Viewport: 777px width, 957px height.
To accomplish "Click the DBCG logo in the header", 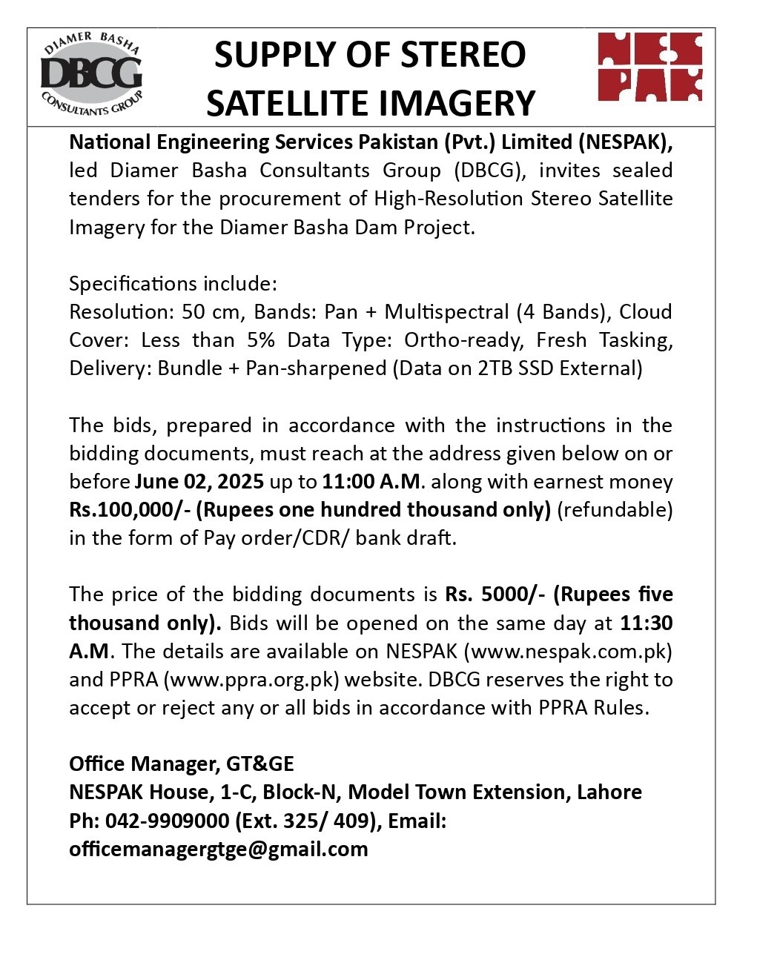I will [x=91, y=74].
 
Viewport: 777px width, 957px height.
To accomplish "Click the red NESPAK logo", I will [x=649, y=67].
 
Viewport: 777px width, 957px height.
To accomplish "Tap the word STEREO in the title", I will [x=464, y=56].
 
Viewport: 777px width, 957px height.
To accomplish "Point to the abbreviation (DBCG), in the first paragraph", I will [x=490, y=170].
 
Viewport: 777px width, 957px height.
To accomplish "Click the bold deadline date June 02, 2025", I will [x=199, y=482].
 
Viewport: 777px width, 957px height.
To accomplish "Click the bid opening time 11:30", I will [x=646, y=623].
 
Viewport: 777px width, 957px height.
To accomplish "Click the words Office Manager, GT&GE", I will [x=182, y=764].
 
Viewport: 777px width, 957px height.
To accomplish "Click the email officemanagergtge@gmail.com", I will [x=219, y=850].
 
